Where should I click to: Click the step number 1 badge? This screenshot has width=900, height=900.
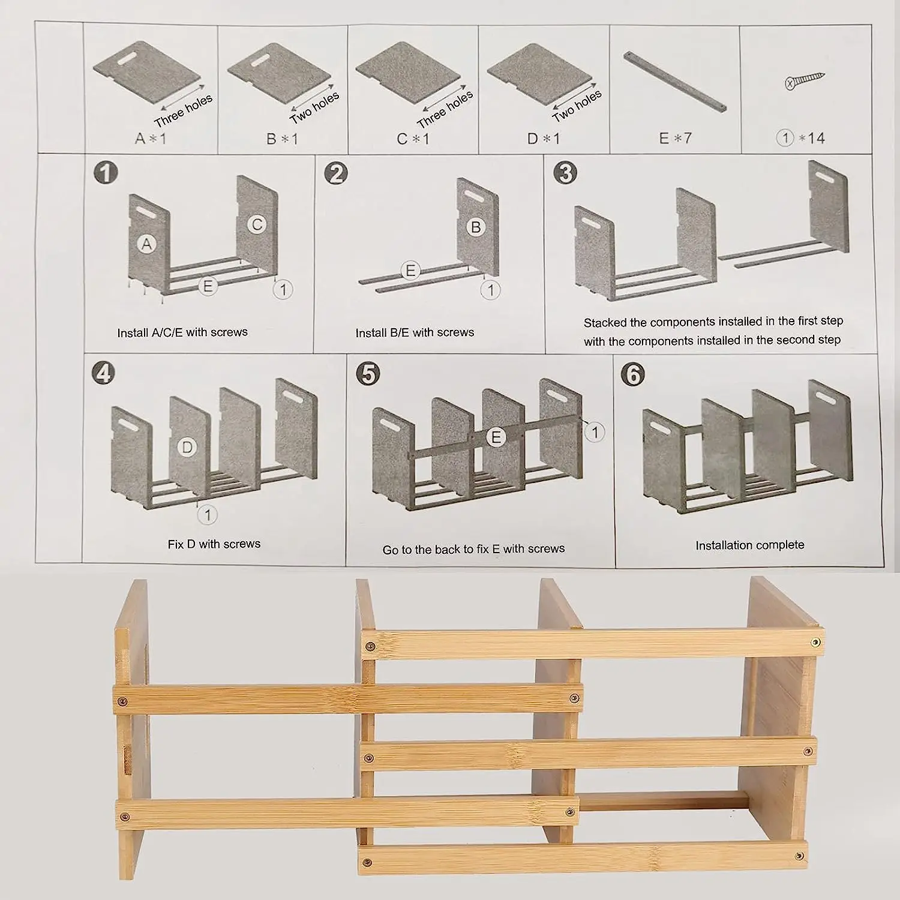point(106,173)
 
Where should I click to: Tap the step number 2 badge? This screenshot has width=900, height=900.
point(335,173)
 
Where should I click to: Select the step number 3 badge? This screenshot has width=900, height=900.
point(565,173)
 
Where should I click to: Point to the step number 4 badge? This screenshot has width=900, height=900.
point(104,373)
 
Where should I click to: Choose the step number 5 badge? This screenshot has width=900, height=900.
point(368,373)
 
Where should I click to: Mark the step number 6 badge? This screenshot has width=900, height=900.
point(634,374)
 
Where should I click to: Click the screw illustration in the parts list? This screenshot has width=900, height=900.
point(805,81)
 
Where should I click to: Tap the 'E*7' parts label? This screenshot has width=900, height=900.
point(675,139)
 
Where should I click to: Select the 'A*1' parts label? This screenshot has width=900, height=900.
point(150,139)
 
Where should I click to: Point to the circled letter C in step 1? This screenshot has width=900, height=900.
point(257,225)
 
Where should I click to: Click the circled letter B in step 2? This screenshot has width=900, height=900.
point(476,227)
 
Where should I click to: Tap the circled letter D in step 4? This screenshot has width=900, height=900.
point(187,447)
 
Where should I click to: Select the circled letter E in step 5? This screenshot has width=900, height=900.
point(496,437)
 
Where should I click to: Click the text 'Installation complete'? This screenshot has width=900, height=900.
point(749,545)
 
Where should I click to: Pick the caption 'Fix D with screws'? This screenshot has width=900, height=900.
point(214,544)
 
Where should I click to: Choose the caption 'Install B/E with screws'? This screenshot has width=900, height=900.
point(415,332)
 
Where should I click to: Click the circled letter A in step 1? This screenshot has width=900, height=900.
point(146,244)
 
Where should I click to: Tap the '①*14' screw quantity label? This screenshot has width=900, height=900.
point(800,139)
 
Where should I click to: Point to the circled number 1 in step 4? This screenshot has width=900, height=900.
point(208,514)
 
